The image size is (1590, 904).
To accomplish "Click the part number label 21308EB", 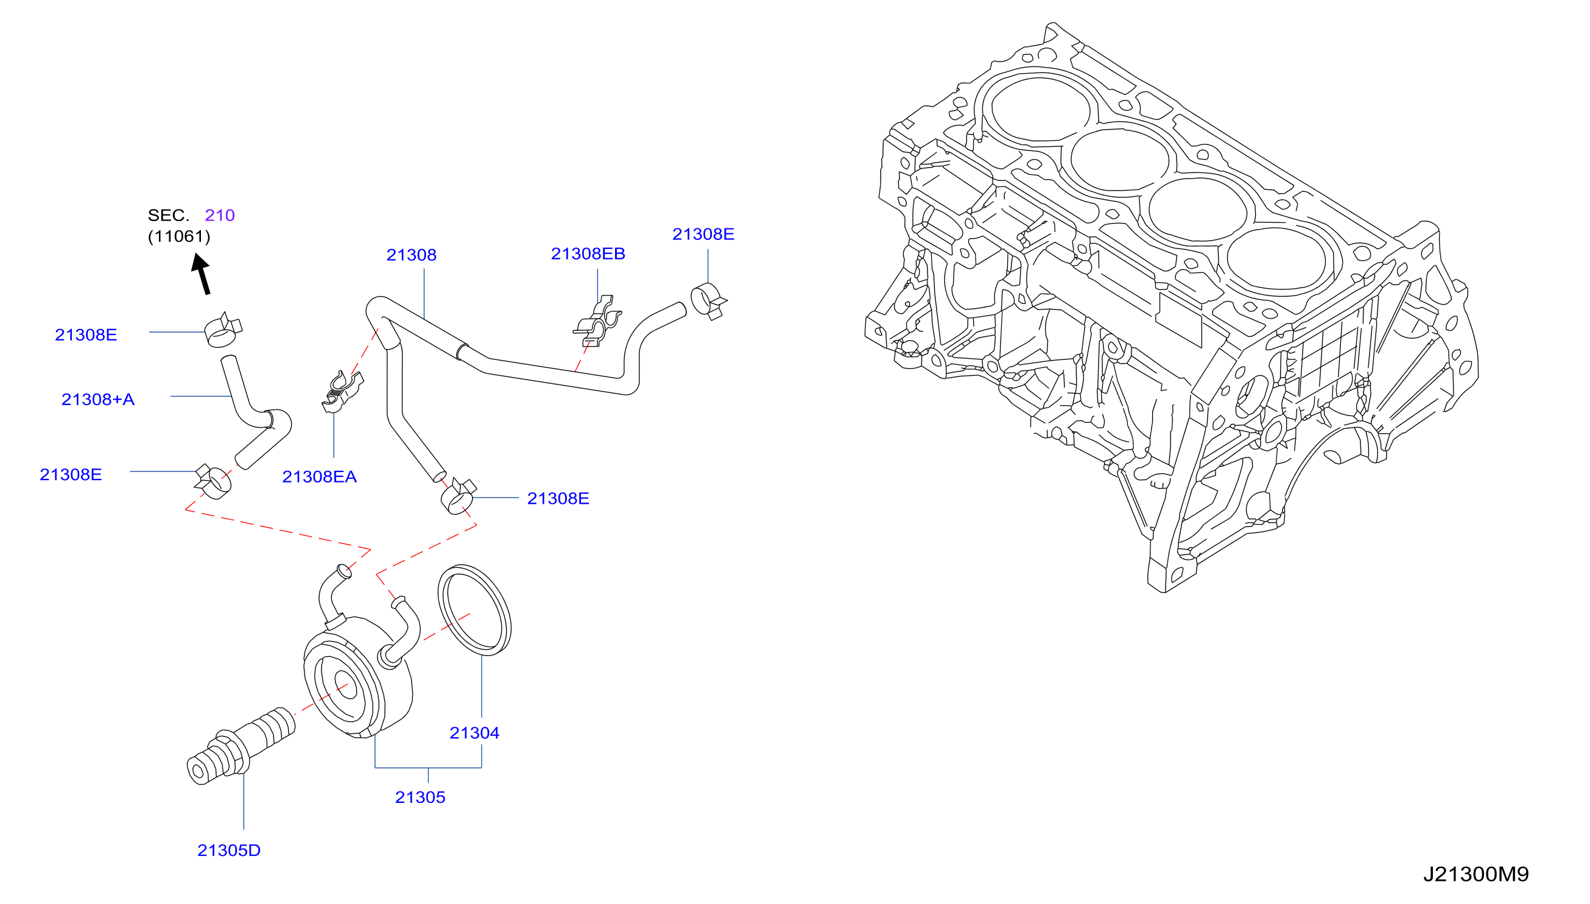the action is point(588,253).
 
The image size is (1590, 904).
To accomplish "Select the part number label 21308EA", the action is point(319,476).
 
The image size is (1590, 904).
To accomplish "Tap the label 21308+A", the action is point(97,398).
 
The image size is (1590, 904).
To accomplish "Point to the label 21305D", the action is point(228,850).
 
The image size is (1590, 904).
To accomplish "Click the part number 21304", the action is point(474,733).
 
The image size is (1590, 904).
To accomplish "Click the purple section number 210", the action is point(220,215).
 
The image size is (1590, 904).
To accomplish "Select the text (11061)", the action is point(179,236).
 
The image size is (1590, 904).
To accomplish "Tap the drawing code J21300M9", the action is point(1476,874).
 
